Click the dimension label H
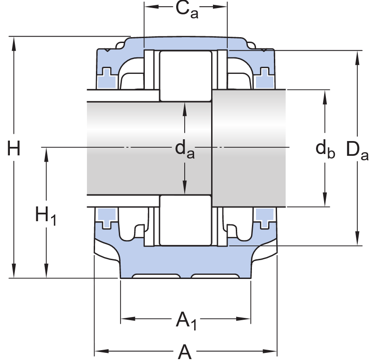click(14, 149)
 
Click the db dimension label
click(325, 149)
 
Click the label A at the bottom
click(185, 351)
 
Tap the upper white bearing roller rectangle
click(186, 76)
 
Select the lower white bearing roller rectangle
click(186, 220)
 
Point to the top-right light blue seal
click(264, 78)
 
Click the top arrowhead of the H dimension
click(14, 41)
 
